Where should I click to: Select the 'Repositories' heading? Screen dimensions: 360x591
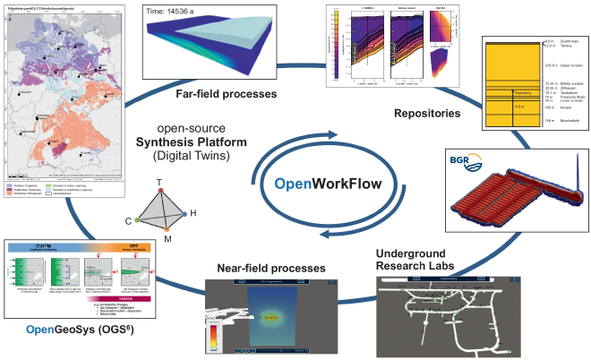[426, 113]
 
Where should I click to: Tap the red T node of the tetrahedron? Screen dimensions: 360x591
[158, 184]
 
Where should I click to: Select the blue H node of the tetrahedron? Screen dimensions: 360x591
[190, 215]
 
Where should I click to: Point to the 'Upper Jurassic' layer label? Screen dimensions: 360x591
[560, 66]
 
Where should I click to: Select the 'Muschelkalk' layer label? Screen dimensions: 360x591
[561, 130]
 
